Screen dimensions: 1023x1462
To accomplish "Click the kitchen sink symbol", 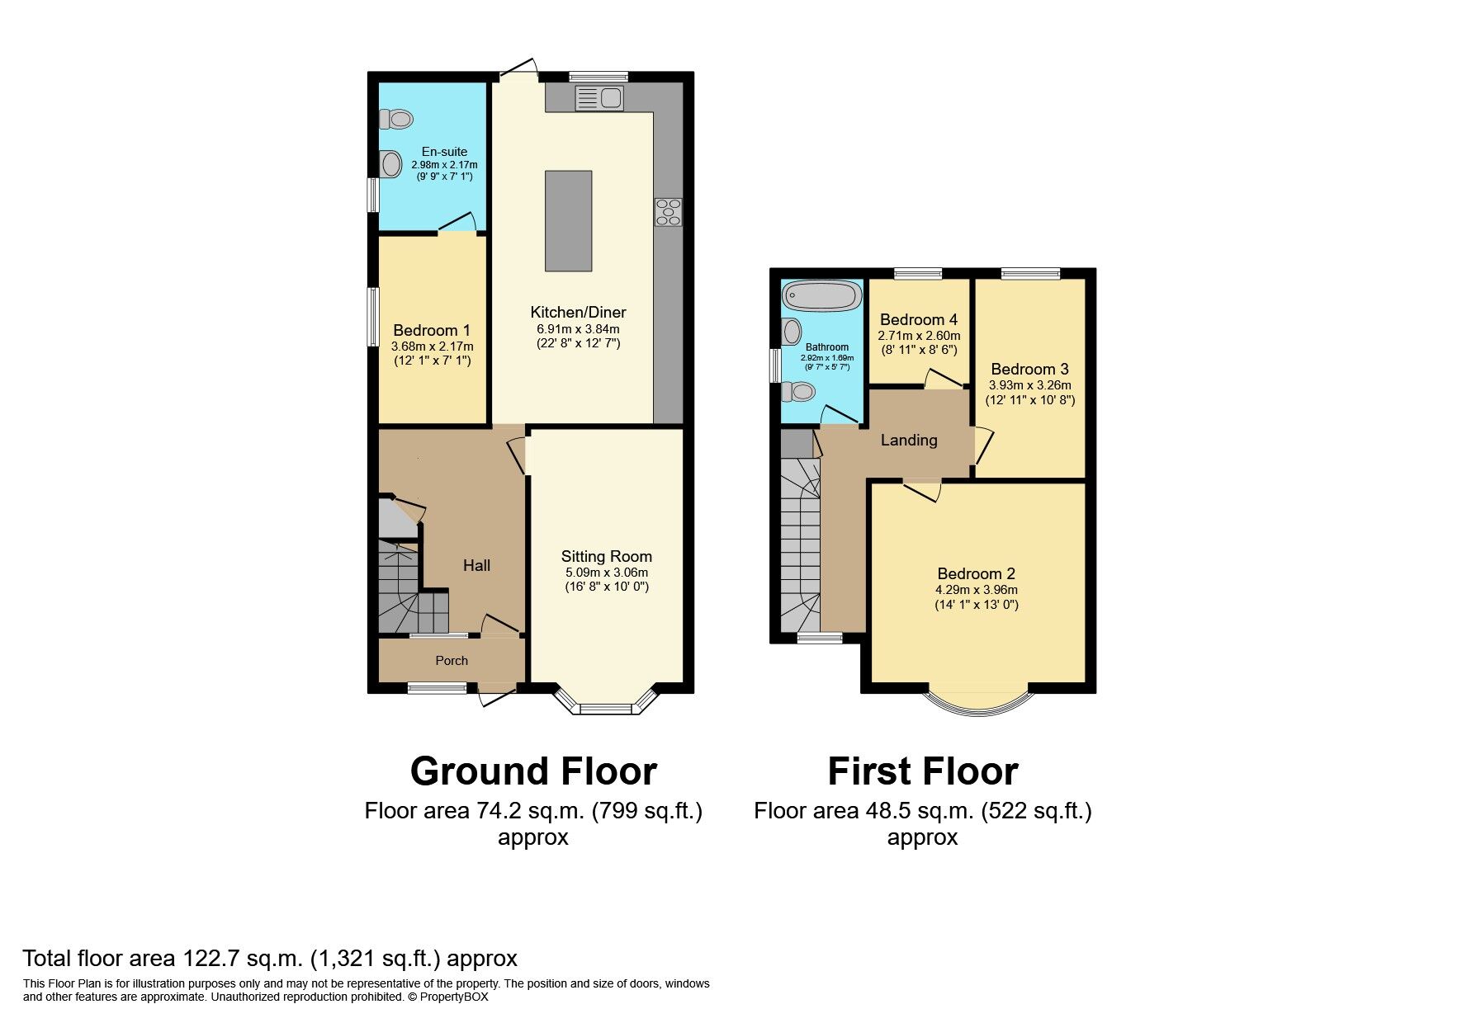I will tap(600, 98).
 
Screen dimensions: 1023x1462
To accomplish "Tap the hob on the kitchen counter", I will tap(669, 212).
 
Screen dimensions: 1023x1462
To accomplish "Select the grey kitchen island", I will tap(568, 220).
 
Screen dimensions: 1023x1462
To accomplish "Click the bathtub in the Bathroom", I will tap(822, 295).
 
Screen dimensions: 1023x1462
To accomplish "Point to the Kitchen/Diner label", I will tap(578, 312).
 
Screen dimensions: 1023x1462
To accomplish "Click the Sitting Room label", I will tap(607, 556).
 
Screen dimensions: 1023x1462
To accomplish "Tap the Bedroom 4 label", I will tap(919, 319).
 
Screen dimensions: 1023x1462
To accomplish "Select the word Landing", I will tap(909, 440).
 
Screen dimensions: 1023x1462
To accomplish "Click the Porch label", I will tap(452, 661).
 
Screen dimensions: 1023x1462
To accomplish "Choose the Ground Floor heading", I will tap(533, 772).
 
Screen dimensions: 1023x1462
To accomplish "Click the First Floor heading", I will tap(923, 772).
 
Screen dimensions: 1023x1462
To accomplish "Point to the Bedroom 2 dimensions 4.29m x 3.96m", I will tap(977, 590).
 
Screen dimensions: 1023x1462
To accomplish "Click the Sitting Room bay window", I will tap(605, 707).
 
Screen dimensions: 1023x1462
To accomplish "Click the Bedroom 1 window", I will tap(374, 316).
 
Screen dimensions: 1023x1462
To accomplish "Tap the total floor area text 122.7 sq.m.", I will tap(269, 959).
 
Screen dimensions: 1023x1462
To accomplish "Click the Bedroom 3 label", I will tap(1029, 369).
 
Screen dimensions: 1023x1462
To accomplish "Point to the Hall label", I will tap(476, 565).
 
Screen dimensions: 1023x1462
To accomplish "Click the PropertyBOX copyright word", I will tap(454, 997).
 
